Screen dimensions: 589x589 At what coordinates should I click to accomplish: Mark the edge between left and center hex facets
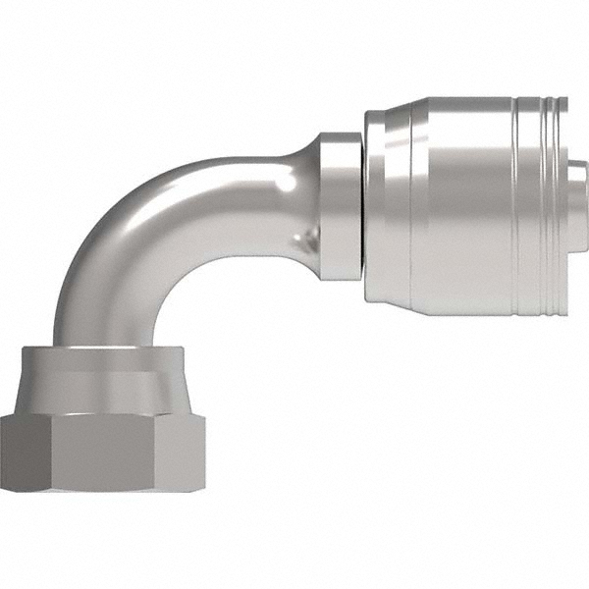[x=49, y=452]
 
